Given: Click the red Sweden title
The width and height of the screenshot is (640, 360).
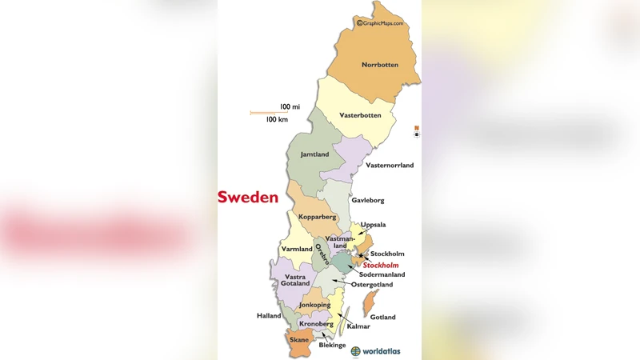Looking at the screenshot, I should (x=248, y=197).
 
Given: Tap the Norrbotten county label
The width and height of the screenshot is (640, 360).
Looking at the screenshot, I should (x=379, y=65).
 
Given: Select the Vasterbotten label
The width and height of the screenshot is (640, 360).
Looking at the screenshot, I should (x=360, y=115).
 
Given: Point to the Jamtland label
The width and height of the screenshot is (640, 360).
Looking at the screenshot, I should (x=314, y=154).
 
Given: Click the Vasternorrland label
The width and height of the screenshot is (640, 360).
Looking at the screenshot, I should (x=390, y=166).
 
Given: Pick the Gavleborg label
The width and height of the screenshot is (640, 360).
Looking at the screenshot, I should (x=368, y=200).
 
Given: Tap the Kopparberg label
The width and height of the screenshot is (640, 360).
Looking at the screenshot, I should (x=318, y=217).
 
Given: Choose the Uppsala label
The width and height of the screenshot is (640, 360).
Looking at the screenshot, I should (x=373, y=225).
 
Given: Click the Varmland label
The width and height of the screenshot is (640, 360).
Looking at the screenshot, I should (x=297, y=249).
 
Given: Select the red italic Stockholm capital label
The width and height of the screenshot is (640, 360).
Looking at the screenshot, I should (x=381, y=265).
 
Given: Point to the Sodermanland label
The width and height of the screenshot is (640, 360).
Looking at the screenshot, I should (x=382, y=274).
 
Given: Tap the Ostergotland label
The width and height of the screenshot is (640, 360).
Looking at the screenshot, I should (x=372, y=284).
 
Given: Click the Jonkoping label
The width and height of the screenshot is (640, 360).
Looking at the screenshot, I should (x=314, y=305).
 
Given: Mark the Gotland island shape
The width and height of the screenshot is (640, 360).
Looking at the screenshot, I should (x=370, y=302).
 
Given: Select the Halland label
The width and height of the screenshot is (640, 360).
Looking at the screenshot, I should (x=269, y=315).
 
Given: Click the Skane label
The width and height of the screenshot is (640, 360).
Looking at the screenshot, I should (x=299, y=340).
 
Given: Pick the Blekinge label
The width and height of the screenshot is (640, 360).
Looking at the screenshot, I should (x=332, y=345).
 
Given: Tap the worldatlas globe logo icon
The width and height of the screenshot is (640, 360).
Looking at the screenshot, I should (x=356, y=351).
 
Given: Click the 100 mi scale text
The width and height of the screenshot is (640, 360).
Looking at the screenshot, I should (x=290, y=106).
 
